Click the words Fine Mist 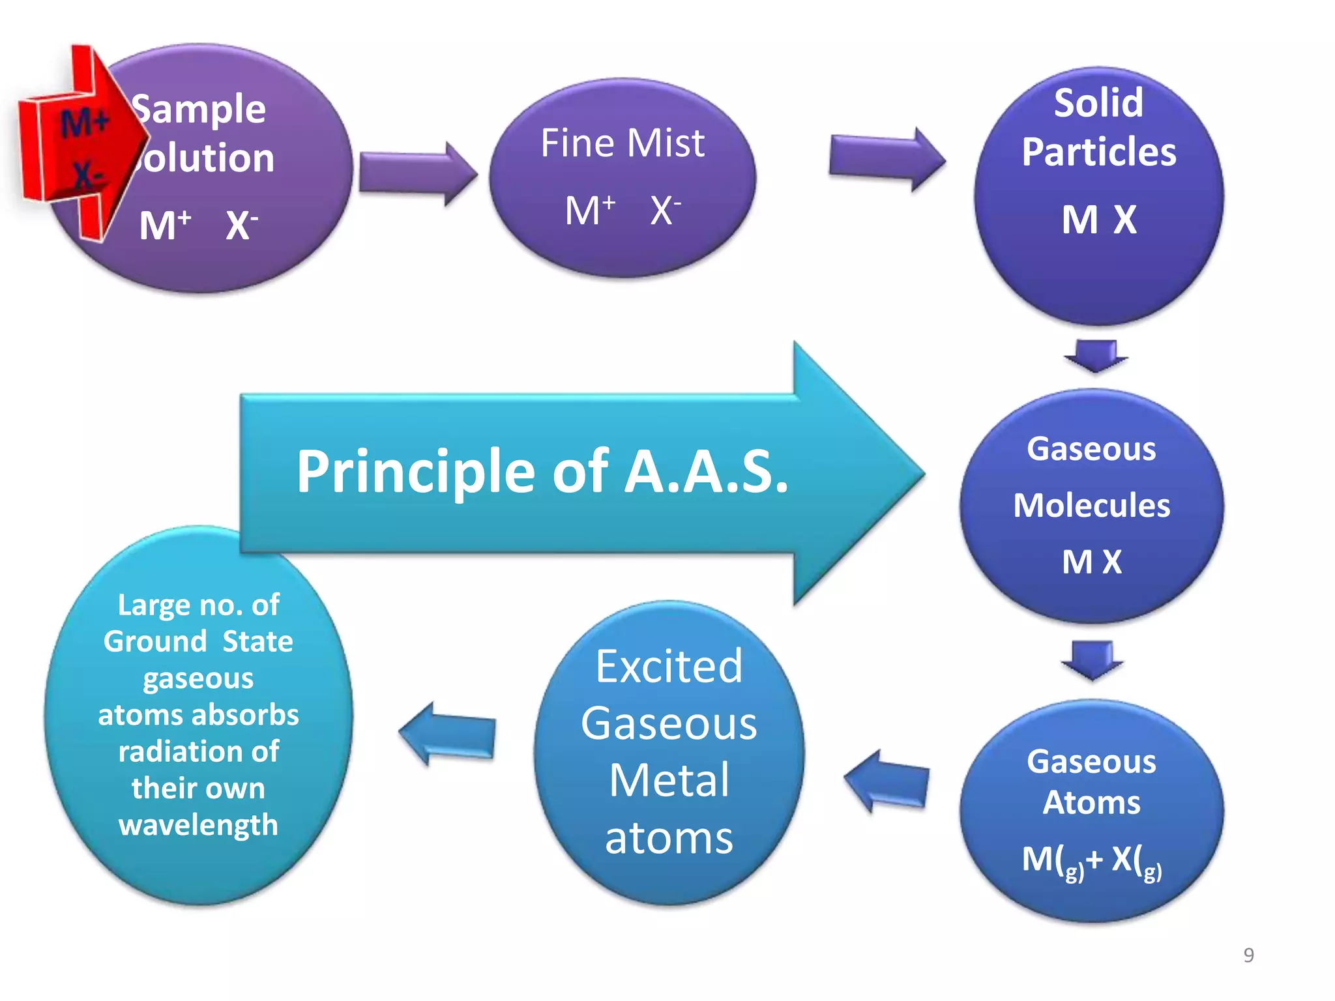623,143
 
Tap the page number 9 1248,955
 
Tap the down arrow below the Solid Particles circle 1095,355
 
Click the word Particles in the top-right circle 1098,152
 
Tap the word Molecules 1091,506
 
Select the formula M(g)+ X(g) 1091,860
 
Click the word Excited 669,667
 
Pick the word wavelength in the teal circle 198,825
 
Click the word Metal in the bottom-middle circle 669,781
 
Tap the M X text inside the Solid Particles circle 1098,220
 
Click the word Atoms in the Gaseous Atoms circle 1091,802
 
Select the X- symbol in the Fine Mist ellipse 665,210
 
